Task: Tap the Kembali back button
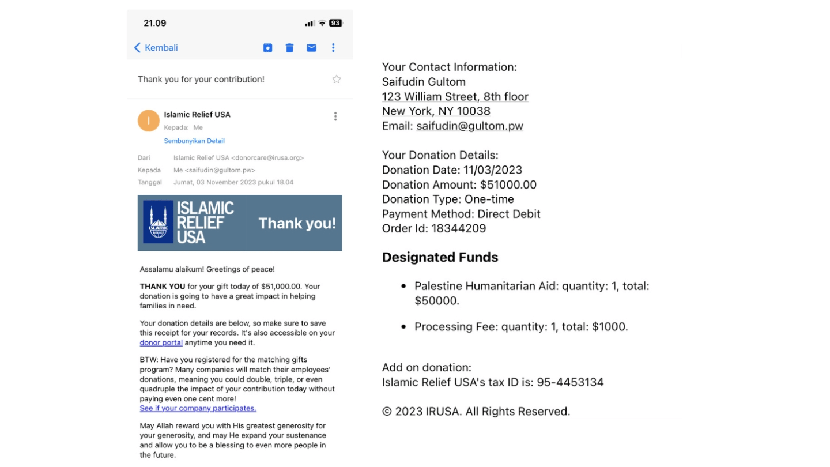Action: [156, 48]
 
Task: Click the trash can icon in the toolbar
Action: [289, 48]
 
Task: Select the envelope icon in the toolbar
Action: [311, 48]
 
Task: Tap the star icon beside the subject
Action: [337, 80]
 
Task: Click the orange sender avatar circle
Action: [148, 120]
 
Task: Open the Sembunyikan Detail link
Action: [194, 141]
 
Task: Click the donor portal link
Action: [161, 342]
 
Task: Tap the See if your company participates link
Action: [198, 408]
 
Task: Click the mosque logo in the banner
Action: [158, 223]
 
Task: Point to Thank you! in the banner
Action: [297, 223]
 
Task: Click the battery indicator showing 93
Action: [335, 23]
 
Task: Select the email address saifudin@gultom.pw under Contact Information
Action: [470, 126]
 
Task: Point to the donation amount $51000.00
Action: [508, 184]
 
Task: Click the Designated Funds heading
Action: [440, 257]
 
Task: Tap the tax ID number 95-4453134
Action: [570, 382]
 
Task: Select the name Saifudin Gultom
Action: [424, 82]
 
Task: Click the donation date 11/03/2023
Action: [492, 170]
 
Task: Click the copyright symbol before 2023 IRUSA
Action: [387, 412]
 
